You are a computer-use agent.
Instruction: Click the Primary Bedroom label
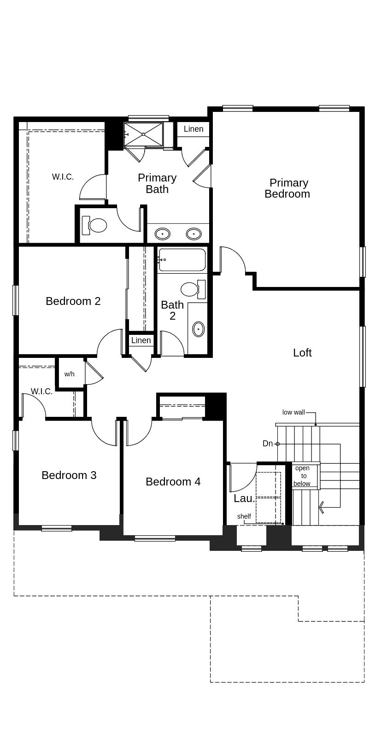click(287, 188)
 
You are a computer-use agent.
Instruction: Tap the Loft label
click(302, 353)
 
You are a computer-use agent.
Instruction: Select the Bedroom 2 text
click(73, 301)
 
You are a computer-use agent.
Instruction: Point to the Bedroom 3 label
click(69, 475)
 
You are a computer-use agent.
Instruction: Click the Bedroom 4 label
click(173, 481)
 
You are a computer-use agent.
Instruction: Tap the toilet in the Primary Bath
click(94, 225)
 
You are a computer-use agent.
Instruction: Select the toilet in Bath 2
click(193, 289)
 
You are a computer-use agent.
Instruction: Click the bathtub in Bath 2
click(182, 260)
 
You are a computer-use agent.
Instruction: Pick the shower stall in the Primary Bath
click(144, 134)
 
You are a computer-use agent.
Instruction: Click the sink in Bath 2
click(199, 329)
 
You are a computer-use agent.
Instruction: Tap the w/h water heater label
click(70, 374)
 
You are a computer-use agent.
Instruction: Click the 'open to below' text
click(302, 476)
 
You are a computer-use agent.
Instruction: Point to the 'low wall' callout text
click(293, 412)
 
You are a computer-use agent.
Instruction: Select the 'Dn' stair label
click(268, 444)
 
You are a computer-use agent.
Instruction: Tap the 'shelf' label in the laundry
click(244, 516)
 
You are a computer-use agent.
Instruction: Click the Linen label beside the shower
click(193, 129)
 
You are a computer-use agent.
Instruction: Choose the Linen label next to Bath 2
click(141, 340)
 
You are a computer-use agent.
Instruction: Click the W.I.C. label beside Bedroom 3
click(42, 392)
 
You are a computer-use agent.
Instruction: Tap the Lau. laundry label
click(245, 498)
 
